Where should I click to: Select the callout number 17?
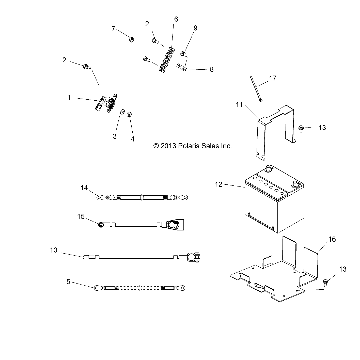point(273,78)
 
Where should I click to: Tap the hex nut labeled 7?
point(132,40)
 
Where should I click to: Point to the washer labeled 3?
point(122,112)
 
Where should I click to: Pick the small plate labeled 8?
point(181,68)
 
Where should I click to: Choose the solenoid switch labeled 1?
point(107,103)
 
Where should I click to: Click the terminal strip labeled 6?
point(167,60)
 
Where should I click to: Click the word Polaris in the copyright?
point(189,146)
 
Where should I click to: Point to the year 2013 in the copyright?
point(168,146)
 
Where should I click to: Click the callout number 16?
point(332,239)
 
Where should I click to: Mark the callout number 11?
point(239,105)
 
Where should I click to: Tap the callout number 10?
point(53,250)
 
